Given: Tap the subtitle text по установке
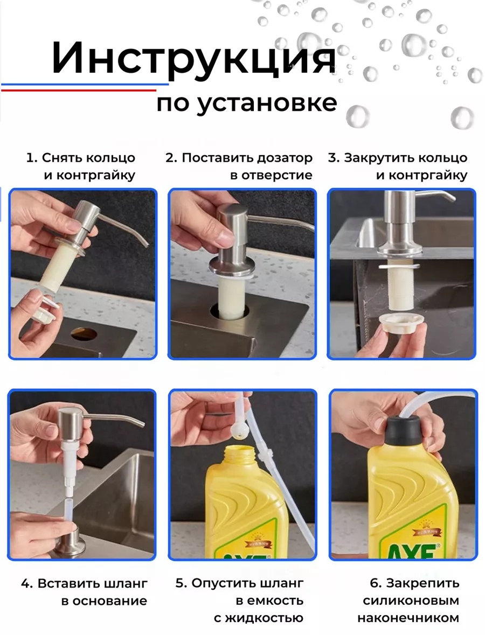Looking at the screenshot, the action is pyautogui.click(x=247, y=103).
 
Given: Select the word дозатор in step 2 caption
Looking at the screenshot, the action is pyautogui.click(x=286, y=157).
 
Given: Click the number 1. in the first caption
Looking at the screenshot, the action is pyautogui.click(x=32, y=157).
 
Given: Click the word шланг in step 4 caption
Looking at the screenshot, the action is pyautogui.click(x=127, y=584).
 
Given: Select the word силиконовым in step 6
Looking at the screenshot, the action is pyautogui.click(x=411, y=601).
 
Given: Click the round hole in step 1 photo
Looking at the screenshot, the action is pyautogui.click(x=84, y=334).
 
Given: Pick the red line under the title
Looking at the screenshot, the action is pyautogui.click(x=79, y=90).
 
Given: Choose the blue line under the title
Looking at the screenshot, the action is pyautogui.click(x=85, y=84).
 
